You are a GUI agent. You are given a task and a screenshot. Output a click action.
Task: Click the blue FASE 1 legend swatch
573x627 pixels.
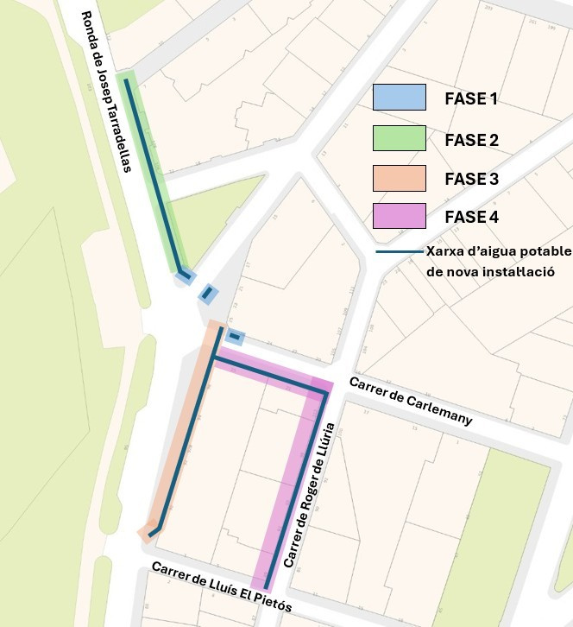(x=399, y=97)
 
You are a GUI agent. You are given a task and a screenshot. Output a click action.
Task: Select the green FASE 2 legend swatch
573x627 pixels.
(x=399, y=138)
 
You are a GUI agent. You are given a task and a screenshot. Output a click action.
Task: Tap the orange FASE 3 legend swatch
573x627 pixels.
(x=399, y=178)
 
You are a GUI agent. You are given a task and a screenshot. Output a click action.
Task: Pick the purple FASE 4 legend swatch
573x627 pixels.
(x=399, y=216)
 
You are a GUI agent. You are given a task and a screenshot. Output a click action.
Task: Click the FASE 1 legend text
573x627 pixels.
(x=471, y=98)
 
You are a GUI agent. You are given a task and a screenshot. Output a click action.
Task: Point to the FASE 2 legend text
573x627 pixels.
(x=471, y=139)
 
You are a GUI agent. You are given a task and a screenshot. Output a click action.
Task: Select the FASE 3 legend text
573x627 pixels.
(x=471, y=179)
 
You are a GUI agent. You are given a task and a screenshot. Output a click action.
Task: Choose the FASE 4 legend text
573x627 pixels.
(x=471, y=217)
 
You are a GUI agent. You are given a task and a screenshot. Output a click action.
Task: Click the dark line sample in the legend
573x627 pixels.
(x=399, y=252)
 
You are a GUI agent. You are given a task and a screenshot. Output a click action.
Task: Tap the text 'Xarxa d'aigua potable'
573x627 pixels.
(x=499, y=251)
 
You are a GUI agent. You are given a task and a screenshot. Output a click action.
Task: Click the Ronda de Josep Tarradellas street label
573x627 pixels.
(x=107, y=92)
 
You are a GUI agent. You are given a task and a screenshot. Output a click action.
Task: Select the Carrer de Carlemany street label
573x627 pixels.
(x=410, y=401)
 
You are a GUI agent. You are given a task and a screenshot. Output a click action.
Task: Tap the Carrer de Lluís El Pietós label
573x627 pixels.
(x=221, y=587)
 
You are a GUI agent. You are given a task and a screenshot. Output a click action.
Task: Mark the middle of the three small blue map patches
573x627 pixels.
(x=208, y=294)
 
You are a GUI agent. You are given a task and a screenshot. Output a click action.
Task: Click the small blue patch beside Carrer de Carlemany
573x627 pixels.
(x=235, y=337)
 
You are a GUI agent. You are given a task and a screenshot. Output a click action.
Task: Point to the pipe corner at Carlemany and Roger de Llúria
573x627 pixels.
(x=325, y=392)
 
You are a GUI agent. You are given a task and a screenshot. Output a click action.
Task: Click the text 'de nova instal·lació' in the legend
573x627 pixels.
(x=489, y=271)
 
